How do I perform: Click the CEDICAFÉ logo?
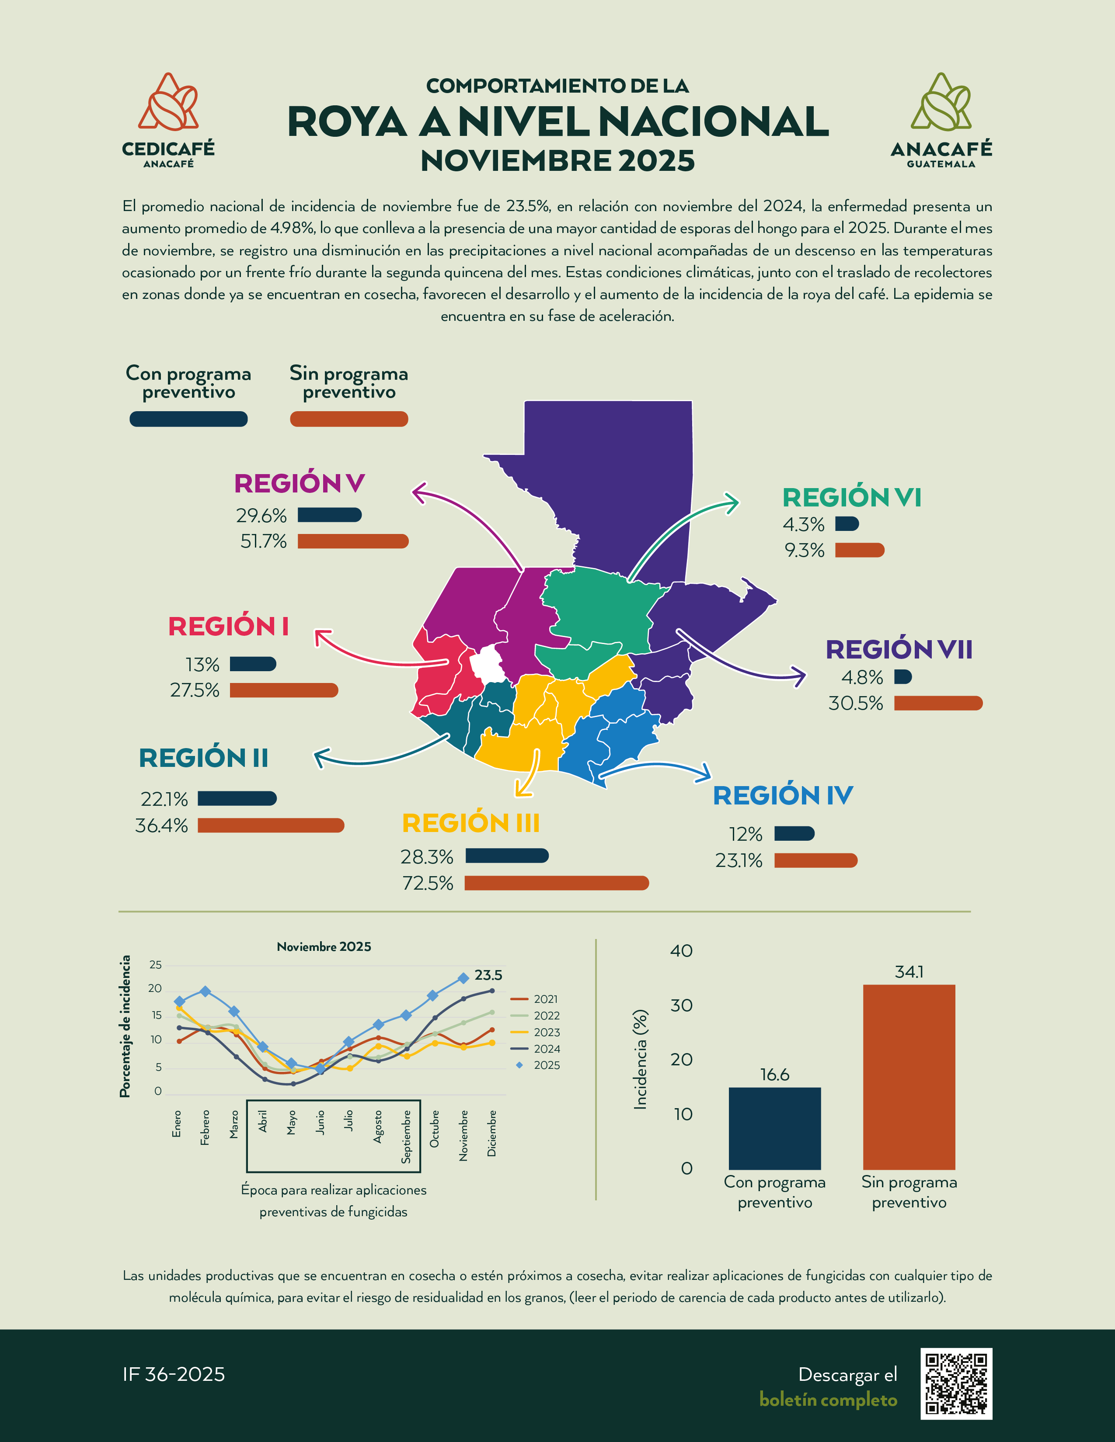click(x=168, y=120)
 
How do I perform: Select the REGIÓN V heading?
click(x=299, y=483)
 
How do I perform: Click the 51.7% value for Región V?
click(x=264, y=541)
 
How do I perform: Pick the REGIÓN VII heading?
click(x=899, y=650)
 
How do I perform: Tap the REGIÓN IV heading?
click(x=783, y=796)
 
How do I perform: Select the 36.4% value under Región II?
click(x=162, y=825)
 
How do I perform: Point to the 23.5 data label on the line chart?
click(x=488, y=975)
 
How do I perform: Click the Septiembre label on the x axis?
click(x=406, y=1136)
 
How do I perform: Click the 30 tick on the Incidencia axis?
click(x=681, y=1005)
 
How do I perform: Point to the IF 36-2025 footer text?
click(x=174, y=1374)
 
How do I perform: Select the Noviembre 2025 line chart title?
click(x=324, y=947)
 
